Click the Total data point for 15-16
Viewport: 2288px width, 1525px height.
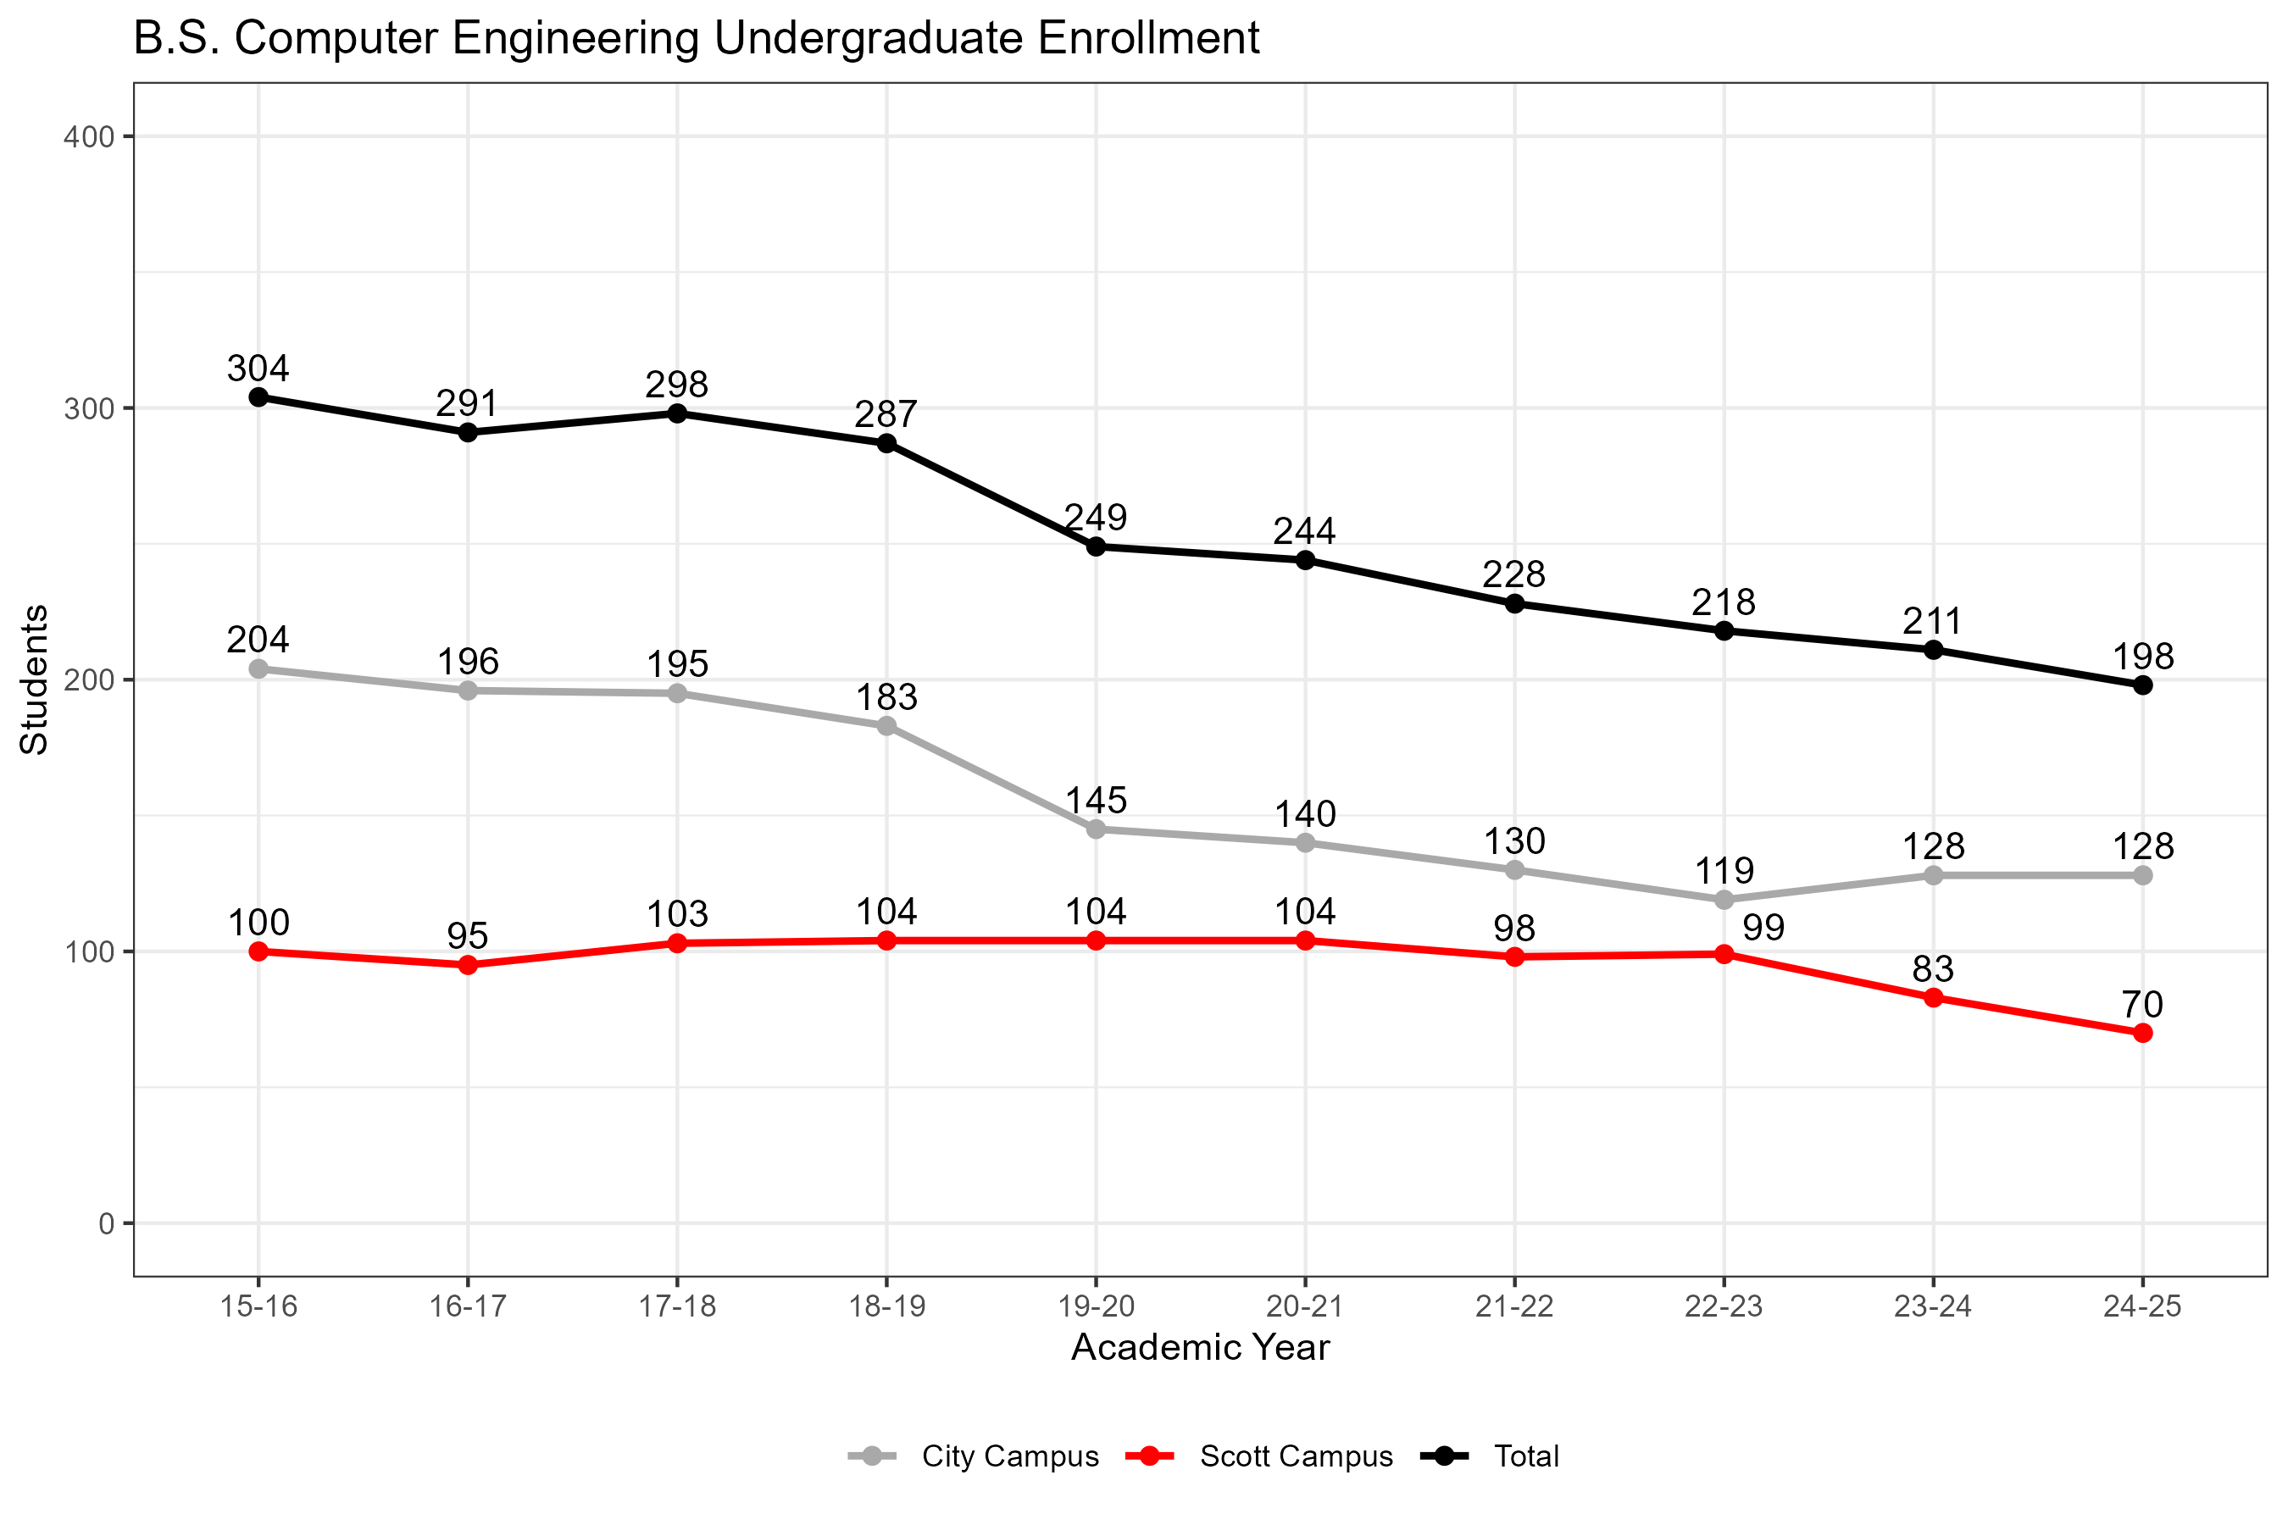[x=258, y=396]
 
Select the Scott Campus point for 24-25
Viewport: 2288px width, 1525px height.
[x=2142, y=1033]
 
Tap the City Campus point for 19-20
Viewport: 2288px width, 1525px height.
[x=1097, y=829]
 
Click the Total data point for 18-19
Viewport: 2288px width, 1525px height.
[x=887, y=443]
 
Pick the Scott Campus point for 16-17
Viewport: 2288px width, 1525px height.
[x=468, y=965]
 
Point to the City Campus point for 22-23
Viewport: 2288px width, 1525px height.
[x=1724, y=900]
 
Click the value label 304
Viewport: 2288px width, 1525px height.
[x=258, y=369]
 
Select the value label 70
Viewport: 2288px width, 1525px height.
[x=2142, y=1004]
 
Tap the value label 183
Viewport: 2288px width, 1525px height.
[x=886, y=697]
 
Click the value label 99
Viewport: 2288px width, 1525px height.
[x=1763, y=928]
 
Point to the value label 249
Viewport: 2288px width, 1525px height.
[x=1096, y=517]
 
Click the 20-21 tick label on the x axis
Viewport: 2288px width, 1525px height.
[x=1306, y=1306]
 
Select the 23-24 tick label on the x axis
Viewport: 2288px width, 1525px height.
[x=1933, y=1306]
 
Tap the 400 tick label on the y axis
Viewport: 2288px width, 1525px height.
[x=90, y=137]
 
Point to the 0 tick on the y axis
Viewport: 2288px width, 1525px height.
[x=107, y=1223]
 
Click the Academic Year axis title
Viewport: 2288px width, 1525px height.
[x=1201, y=1348]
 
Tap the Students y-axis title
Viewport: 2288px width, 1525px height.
[x=35, y=679]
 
